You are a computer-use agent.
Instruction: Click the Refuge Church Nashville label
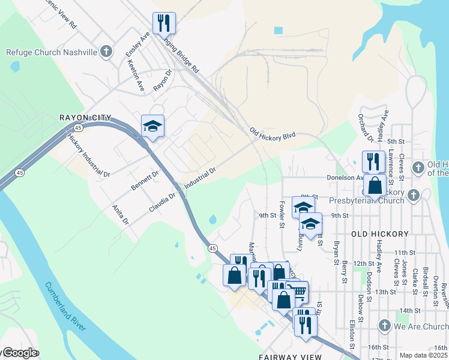coord(52,52)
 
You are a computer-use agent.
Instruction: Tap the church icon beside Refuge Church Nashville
coord(106,52)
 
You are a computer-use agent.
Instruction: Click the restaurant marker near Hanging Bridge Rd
coord(164,23)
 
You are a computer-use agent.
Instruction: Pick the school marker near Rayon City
coord(152,126)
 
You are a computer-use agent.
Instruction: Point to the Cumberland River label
coord(66,306)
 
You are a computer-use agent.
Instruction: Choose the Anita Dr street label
coord(121,215)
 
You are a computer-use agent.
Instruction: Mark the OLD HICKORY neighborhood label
coord(379,233)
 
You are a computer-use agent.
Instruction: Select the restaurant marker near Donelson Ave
coord(373,161)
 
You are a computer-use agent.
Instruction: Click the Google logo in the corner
coord(20,353)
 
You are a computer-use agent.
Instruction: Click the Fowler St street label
coord(281,218)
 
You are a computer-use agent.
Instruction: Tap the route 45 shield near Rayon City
coord(79,128)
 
